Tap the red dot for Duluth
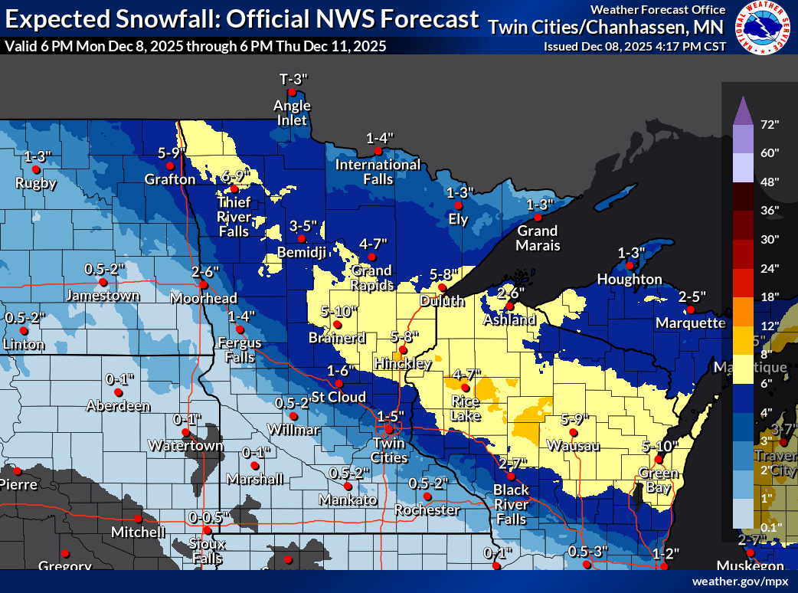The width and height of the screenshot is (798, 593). coord(442,287)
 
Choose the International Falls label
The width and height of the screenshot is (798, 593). coord(378,172)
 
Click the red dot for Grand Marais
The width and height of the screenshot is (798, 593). coord(538,218)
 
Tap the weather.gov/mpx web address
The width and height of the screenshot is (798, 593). coord(740,582)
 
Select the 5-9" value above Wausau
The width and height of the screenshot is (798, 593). coord(575,419)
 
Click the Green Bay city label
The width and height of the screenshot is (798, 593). coord(656,480)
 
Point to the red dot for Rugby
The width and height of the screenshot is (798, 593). coord(35,170)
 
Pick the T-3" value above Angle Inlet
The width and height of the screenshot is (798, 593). coord(293,80)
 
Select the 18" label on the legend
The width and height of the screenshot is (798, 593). coord(769,296)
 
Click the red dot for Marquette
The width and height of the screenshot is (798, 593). coord(690,310)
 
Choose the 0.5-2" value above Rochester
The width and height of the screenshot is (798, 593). coord(427,483)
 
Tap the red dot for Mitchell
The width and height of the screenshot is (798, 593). coord(139,518)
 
